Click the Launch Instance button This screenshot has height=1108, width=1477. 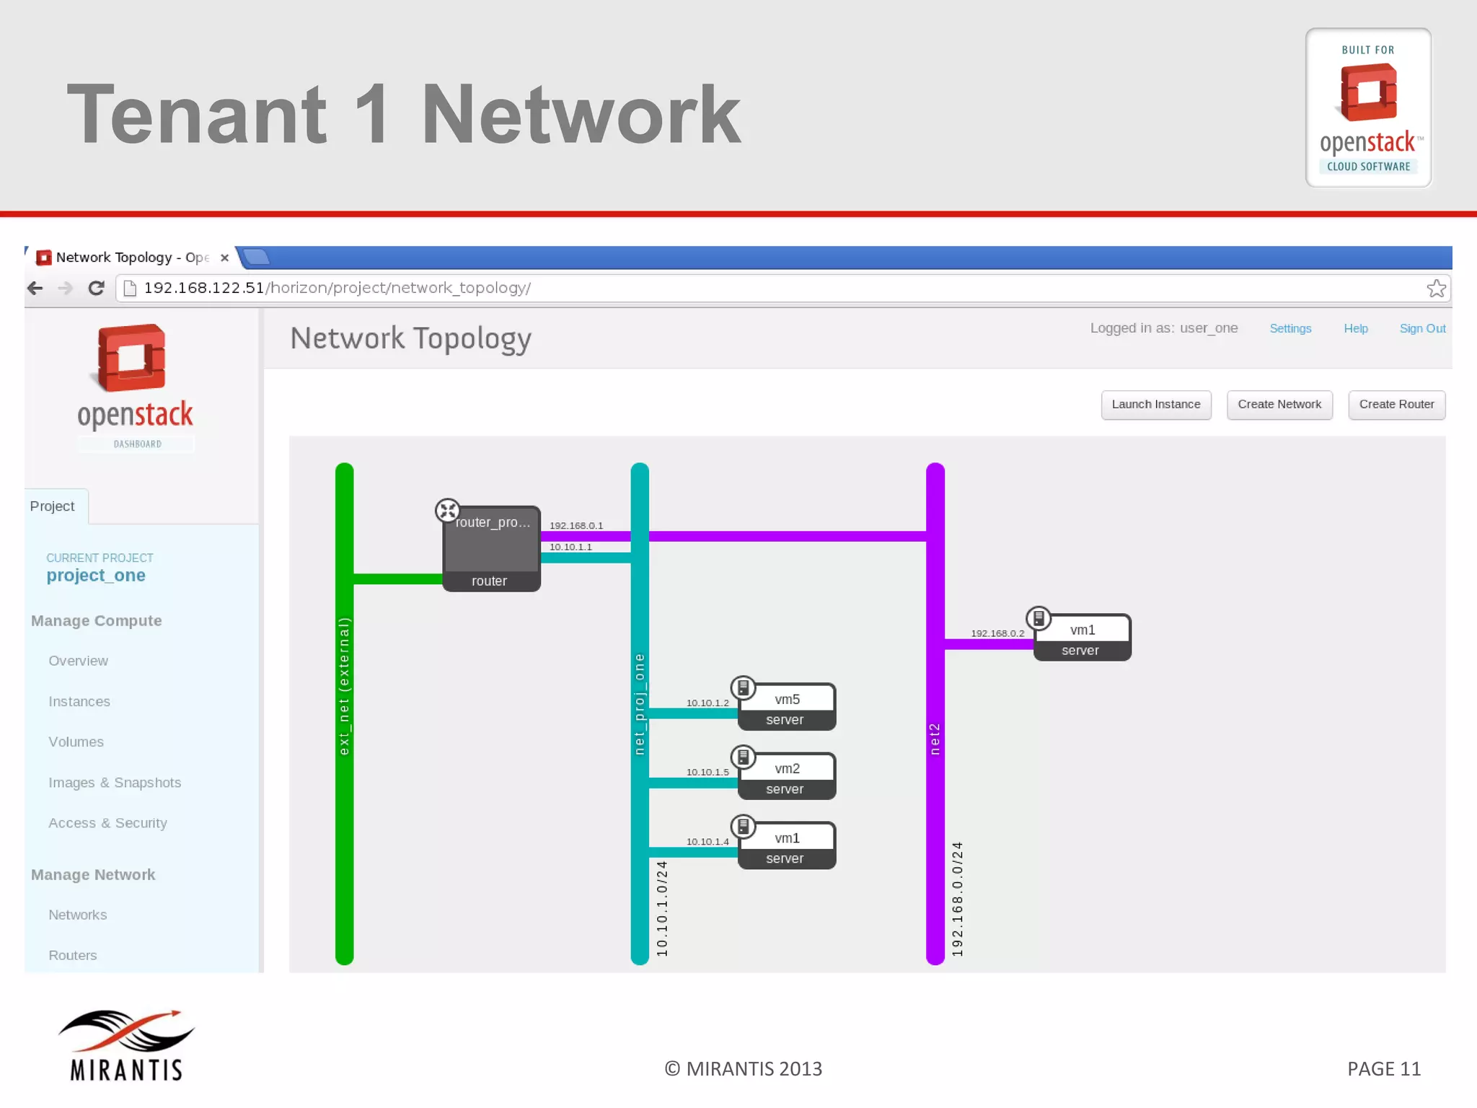[x=1155, y=405]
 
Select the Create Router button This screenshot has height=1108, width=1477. [x=1396, y=405]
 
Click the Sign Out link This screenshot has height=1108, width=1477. [x=1422, y=329]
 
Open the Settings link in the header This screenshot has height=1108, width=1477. [x=1290, y=329]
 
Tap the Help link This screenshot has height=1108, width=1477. [x=1355, y=329]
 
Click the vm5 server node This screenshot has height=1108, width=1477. [x=787, y=707]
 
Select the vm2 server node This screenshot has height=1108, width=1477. [x=787, y=776]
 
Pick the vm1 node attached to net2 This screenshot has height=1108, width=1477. [x=1082, y=638]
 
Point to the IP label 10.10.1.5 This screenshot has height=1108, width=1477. [x=707, y=773]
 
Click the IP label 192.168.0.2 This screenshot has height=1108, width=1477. [x=997, y=633]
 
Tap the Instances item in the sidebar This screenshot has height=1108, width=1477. [x=79, y=702]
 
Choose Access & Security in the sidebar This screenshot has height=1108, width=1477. [x=107, y=823]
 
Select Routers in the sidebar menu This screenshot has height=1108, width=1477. [x=72, y=955]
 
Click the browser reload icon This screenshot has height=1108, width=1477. [x=96, y=289]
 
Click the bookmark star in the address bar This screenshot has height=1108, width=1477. [x=1435, y=289]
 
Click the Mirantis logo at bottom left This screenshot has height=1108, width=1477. [x=126, y=1045]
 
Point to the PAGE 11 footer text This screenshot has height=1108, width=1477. [x=1383, y=1069]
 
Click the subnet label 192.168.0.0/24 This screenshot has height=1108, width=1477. [x=957, y=899]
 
